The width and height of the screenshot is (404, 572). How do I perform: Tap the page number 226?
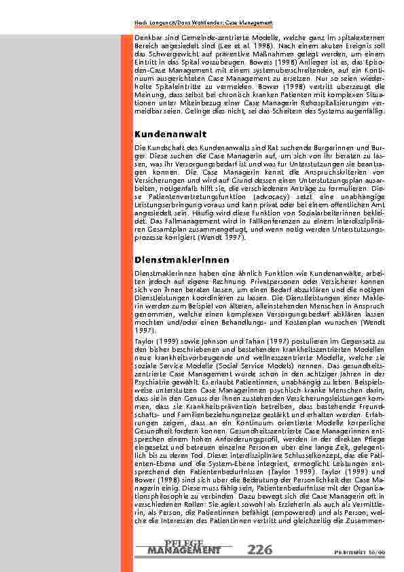(x=261, y=550)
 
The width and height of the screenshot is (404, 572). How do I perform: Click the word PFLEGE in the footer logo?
(x=183, y=542)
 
